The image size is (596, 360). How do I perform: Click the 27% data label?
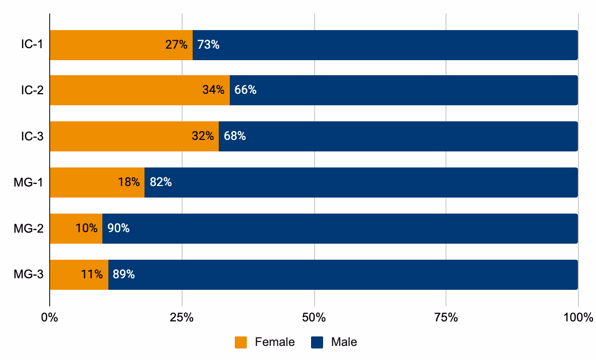pos(177,45)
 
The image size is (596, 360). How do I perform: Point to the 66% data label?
pos(245,90)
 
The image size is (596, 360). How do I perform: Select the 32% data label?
pos(203,136)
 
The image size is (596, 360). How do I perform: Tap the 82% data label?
pos(161,183)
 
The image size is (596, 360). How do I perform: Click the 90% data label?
pos(118,229)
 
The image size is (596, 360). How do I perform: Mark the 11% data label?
pos(92,275)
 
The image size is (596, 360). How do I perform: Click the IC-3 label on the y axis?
pos(32,136)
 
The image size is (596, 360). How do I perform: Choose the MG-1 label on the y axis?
pos(29,183)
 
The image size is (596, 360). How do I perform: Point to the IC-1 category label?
pos(32,45)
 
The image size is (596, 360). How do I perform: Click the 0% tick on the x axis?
pos(50,317)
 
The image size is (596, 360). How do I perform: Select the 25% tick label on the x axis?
pos(182,317)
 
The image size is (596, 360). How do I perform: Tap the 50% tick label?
pos(314,317)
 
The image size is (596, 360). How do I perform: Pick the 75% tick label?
pos(446,317)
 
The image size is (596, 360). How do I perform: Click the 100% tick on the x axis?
pos(578,317)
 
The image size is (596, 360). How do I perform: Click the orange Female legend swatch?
pos(241,342)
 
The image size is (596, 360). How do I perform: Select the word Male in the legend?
pos(344,342)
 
